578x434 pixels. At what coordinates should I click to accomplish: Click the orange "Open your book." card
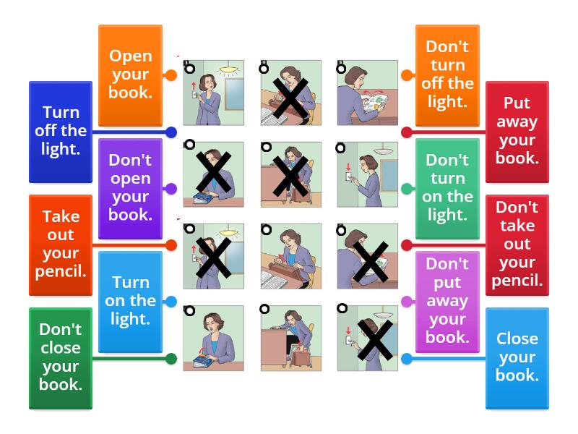point(130,75)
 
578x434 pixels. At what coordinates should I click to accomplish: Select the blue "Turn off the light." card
point(61,132)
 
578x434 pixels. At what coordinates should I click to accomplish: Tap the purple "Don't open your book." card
point(130,189)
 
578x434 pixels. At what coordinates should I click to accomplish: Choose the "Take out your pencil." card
point(61,245)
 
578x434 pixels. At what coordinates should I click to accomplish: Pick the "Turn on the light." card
point(130,302)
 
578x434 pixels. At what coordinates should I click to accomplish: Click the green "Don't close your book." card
point(61,358)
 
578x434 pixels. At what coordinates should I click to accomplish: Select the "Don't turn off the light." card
point(447,75)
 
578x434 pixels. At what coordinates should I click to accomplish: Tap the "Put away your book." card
point(517,132)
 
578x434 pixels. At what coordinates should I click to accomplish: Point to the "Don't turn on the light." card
point(447,189)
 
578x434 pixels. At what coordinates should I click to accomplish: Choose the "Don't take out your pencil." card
point(517,245)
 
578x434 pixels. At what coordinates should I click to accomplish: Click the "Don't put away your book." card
point(447,302)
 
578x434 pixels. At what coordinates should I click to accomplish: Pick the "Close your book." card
point(517,358)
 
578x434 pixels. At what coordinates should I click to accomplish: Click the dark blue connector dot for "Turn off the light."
point(171,132)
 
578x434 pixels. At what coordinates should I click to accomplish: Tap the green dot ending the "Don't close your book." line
point(171,359)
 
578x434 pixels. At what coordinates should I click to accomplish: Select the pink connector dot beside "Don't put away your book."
point(407,302)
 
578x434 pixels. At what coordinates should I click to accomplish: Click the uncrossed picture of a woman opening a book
point(368,93)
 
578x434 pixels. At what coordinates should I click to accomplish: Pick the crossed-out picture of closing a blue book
point(213,174)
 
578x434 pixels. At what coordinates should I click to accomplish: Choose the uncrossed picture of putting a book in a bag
point(291,338)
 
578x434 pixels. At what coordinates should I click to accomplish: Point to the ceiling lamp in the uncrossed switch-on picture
point(229,69)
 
